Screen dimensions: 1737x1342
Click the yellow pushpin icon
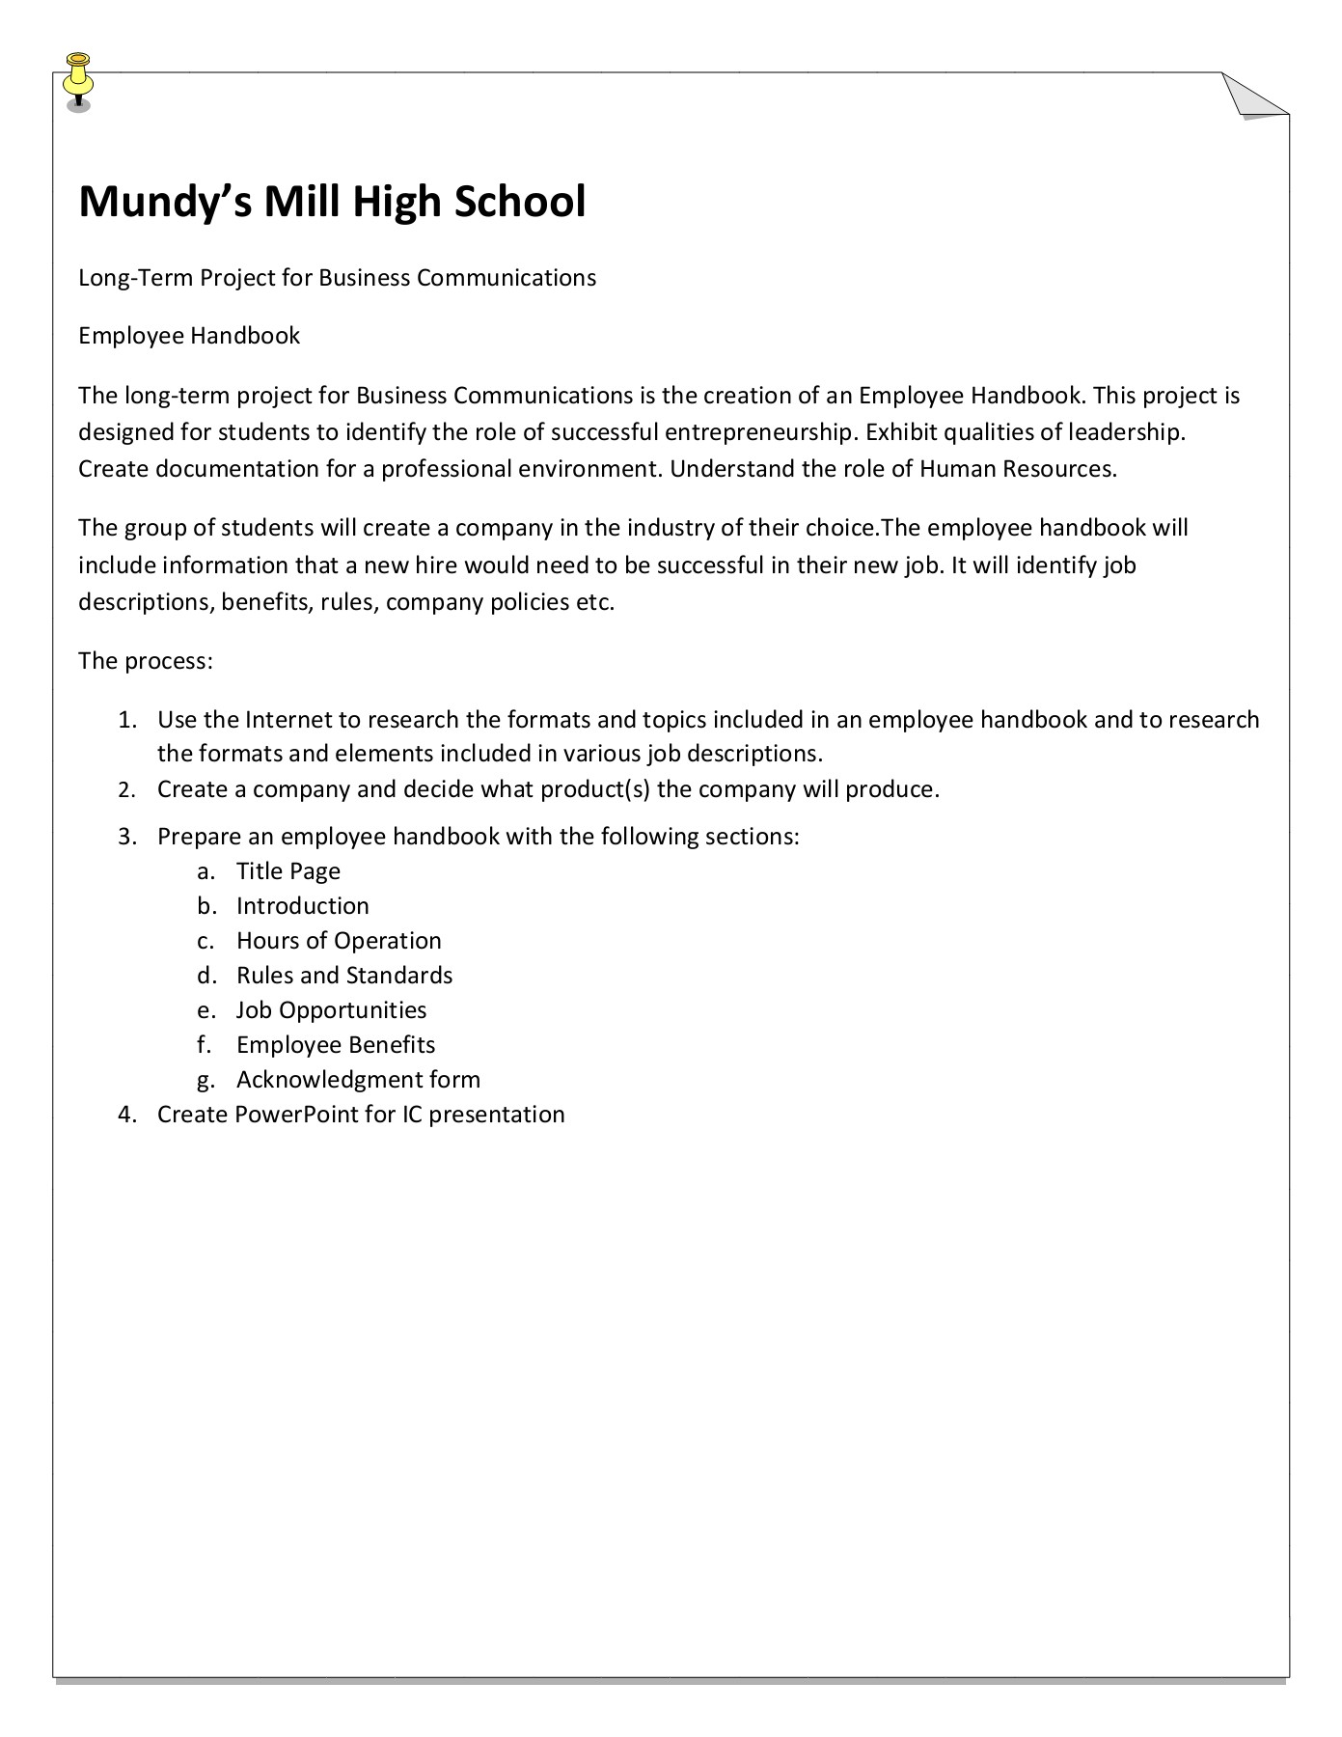(x=78, y=80)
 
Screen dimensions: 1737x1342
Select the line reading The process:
(x=145, y=661)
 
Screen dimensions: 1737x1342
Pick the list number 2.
(x=125, y=790)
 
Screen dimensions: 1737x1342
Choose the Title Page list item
(x=288, y=871)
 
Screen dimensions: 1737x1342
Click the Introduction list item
(x=303, y=906)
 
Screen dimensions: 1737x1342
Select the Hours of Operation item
(x=339, y=941)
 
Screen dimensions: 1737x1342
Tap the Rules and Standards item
(x=344, y=976)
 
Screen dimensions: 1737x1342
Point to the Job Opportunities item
(x=331, y=1010)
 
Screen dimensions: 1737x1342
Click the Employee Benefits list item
(x=336, y=1045)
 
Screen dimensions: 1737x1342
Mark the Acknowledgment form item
(x=358, y=1080)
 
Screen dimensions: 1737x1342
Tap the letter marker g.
(x=205, y=1081)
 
